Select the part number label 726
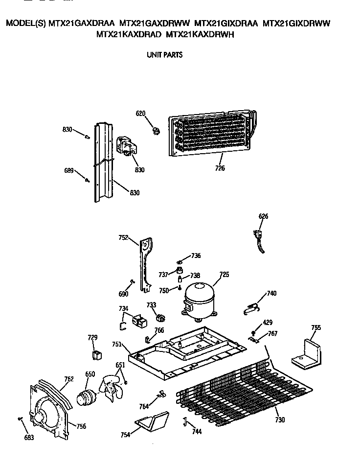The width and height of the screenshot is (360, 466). click(220, 168)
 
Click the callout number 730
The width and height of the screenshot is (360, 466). click(280, 419)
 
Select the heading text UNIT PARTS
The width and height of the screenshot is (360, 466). click(165, 55)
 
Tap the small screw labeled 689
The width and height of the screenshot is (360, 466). click(88, 180)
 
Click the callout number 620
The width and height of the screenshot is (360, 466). click(141, 114)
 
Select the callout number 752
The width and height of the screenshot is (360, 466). click(123, 238)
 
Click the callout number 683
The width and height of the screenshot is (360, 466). click(29, 437)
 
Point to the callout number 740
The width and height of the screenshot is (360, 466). click(271, 294)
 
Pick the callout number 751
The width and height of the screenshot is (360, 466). click(116, 344)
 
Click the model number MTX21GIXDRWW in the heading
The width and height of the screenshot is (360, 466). click(297, 23)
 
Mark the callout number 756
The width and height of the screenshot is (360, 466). click(81, 426)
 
